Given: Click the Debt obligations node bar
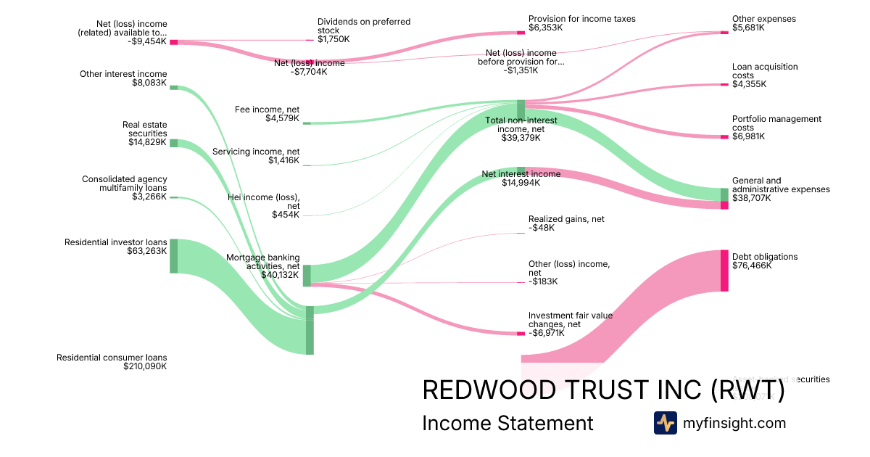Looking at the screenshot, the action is pyautogui.click(x=724, y=271).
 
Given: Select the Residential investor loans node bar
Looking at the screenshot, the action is pyautogui.click(x=173, y=256).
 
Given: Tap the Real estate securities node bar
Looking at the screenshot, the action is pyautogui.click(x=173, y=143).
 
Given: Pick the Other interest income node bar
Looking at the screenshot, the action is pyautogui.click(x=173, y=88).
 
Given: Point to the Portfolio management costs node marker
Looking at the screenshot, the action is pyautogui.click(x=724, y=137).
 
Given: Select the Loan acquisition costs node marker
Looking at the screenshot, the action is pyautogui.click(x=724, y=85).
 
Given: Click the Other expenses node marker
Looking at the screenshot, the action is pyautogui.click(x=724, y=33).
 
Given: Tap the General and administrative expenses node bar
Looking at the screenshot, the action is pyautogui.click(x=724, y=199).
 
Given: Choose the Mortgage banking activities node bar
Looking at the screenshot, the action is pyautogui.click(x=307, y=275).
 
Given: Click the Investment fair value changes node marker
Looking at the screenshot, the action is pyautogui.click(x=521, y=334).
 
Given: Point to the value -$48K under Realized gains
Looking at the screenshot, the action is pyautogui.click(x=542, y=228).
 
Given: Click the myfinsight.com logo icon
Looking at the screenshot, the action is pyautogui.click(x=665, y=423).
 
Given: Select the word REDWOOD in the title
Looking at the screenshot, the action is pyautogui.click(x=494, y=390).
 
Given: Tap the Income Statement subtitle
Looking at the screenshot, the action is pyautogui.click(x=507, y=423).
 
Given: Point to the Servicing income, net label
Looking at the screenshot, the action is pyautogui.click(x=255, y=152).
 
